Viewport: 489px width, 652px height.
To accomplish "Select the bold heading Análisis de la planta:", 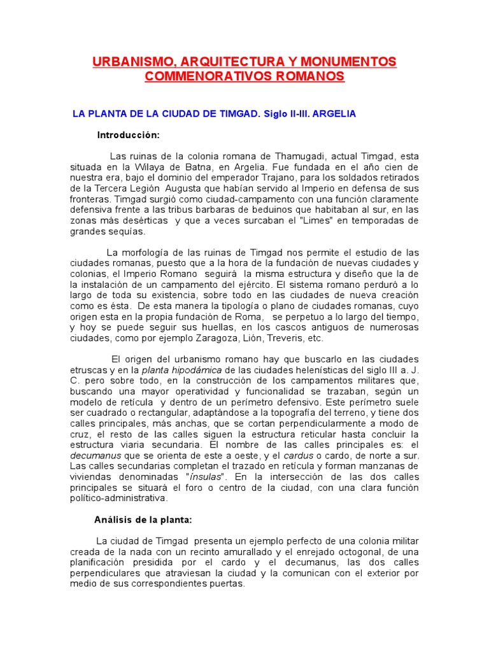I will [x=143, y=520].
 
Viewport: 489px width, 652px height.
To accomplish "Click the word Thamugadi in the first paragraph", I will [x=299, y=156].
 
